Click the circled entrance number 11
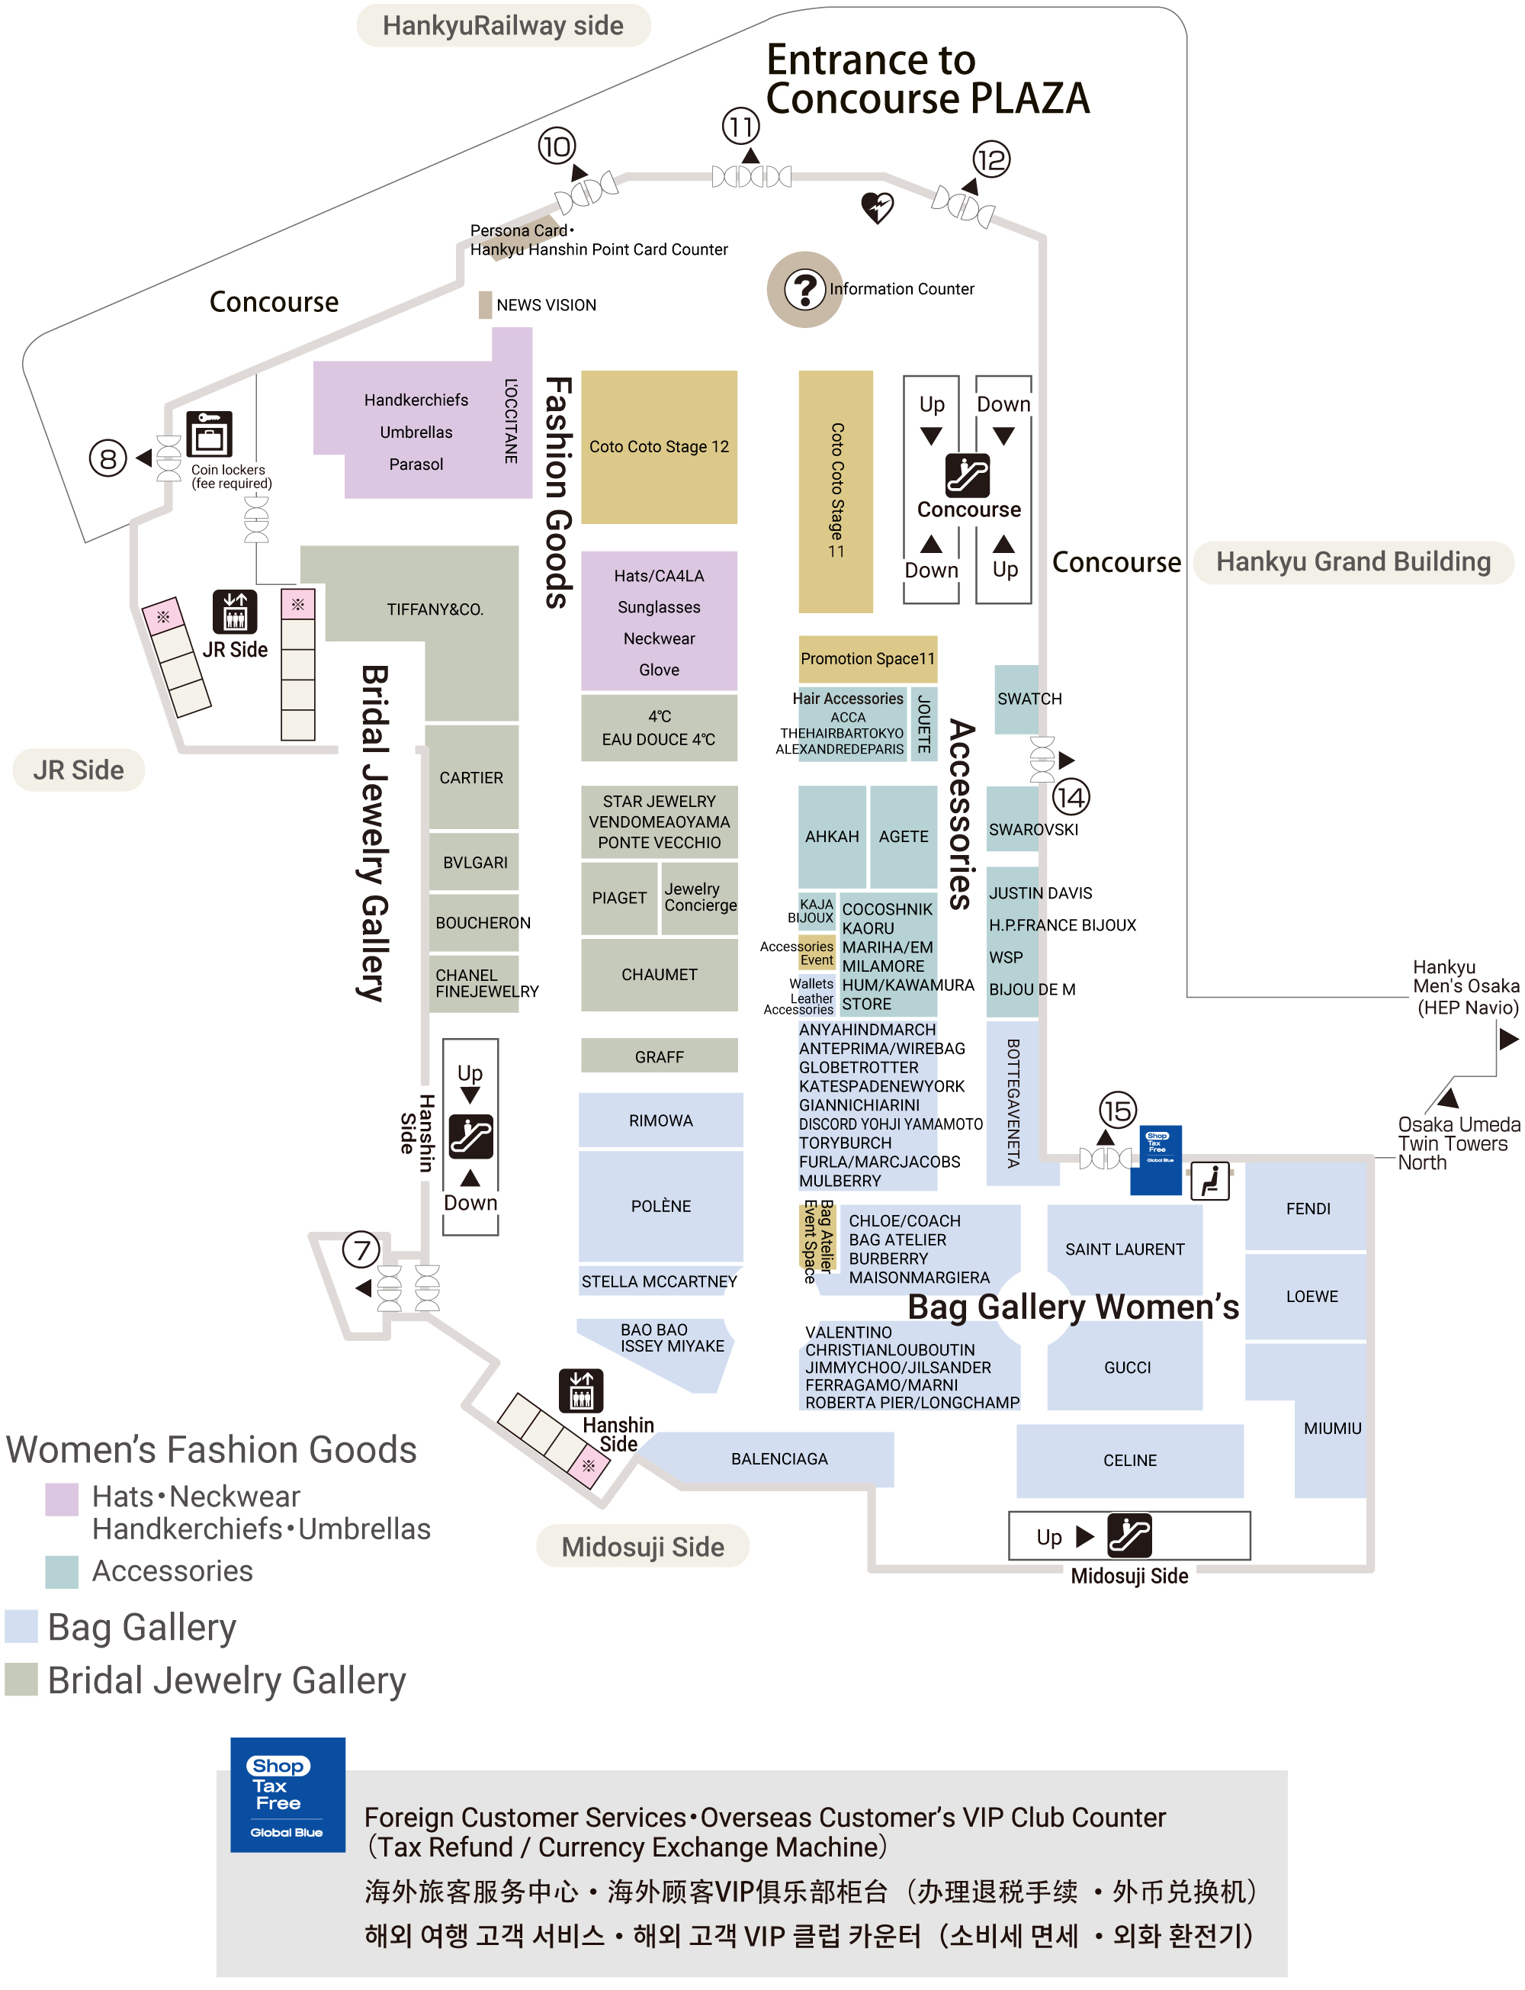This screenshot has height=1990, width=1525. pyautogui.click(x=740, y=126)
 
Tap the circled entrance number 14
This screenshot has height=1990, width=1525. pyautogui.click(x=1071, y=798)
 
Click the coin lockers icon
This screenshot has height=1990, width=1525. pyautogui.click(x=210, y=434)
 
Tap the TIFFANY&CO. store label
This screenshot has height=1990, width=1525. pyautogui.click(x=435, y=609)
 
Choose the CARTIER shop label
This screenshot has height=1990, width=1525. pyautogui.click(x=471, y=778)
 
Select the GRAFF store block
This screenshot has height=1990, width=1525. pyautogui.click(x=659, y=1056)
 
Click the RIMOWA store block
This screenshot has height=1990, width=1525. pyautogui.click(x=661, y=1120)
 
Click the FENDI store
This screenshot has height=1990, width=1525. pyautogui.click(x=1306, y=1207)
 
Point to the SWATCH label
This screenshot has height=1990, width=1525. pyautogui.click(x=1029, y=699)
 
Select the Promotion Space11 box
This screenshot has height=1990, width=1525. pyautogui.click(x=868, y=659)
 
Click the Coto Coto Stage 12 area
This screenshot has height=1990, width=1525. pyautogui.click(x=659, y=447)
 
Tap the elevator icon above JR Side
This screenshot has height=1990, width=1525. pyautogui.click(x=235, y=612)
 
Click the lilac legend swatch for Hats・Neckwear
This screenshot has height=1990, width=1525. pyautogui.click(x=62, y=1500)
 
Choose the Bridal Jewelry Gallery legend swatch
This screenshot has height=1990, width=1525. pyautogui.click(x=21, y=1680)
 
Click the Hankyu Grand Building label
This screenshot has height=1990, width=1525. pyautogui.click(x=1353, y=562)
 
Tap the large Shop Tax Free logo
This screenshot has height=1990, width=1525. pyautogui.click(x=287, y=1795)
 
